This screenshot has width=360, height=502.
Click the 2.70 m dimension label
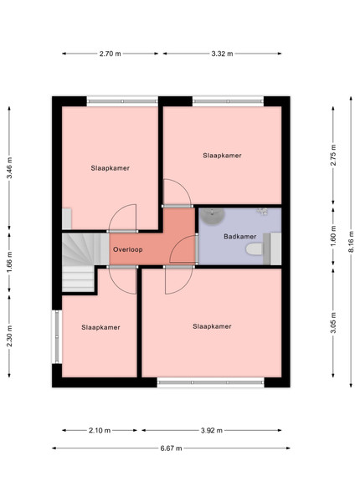[110, 54]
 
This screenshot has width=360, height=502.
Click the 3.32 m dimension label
[222, 54]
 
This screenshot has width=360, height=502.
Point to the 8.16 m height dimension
[351, 242]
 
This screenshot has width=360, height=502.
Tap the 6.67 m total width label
[171, 448]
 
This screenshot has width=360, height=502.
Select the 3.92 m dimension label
[212, 430]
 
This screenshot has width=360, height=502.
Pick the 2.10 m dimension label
[100, 430]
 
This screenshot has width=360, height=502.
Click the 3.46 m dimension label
[9, 168]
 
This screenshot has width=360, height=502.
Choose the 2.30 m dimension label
[9, 336]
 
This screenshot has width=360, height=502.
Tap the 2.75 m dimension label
[333, 156]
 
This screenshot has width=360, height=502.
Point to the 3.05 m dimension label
[333, 322]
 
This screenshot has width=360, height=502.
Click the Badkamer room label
[240, 237]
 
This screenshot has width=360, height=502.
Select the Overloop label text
[128, 249]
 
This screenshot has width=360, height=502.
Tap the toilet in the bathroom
[255, 249]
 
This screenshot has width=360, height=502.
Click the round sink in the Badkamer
[212, 216]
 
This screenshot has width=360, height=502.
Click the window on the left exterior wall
[57, 336]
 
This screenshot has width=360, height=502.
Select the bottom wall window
[210, 382]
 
